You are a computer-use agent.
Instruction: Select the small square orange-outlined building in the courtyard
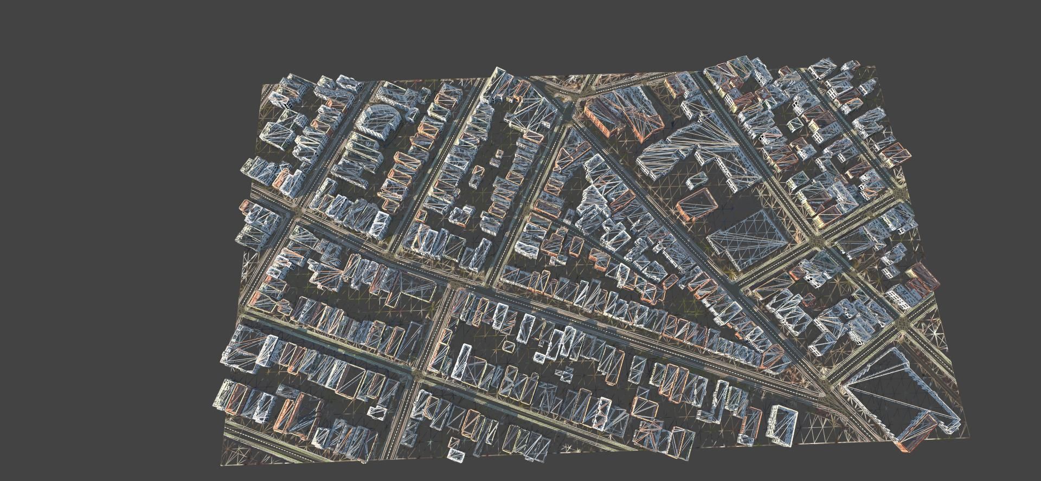pos(509,345)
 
